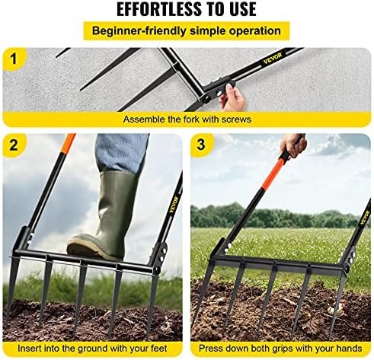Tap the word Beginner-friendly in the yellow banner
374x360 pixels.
pyautogui.click(x=139, y=31)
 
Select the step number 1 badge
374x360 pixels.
pyautogui.click(x=14, y=59)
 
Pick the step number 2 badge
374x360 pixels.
pyautogui.click(x=14, y=145)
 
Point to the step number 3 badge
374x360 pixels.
pyautogui.click(x=201, y=145)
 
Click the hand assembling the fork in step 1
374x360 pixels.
pyautogui.click(x=232, y=97)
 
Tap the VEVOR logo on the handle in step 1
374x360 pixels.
pyautogui.click(x=273, y=59)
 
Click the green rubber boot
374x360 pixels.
pyautogui.click(x=104, y=215)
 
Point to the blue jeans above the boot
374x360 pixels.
pyautogui.click(x=121, y=153)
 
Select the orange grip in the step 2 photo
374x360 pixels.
pyautogui.click(x=69, y=142)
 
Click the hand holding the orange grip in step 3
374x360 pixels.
pyautogui.click(x=294, y=145)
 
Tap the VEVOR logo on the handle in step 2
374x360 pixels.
pyautogui.click(x=174, y=204)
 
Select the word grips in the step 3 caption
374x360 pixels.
pyautogui.click(x=285, y=349)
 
